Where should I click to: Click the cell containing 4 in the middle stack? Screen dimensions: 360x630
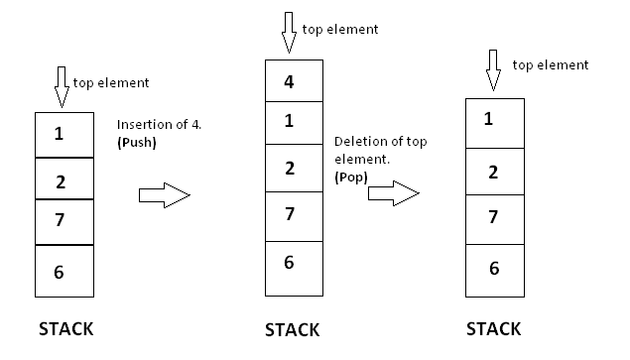tap(294, 81)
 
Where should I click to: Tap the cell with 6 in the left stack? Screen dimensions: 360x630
tap(63, 271)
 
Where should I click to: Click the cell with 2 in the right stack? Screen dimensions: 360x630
tap(493, 172)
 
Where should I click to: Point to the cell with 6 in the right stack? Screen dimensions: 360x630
tap(493, 268)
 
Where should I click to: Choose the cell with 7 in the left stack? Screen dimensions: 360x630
tap(63, 221)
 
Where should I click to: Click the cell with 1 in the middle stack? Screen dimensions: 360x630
tap(294, 123)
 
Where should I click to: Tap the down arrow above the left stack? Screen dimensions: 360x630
tap(61, 87)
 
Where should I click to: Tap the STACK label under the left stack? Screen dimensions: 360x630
tap(65, 328)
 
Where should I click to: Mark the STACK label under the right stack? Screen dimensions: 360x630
tap(494, 328)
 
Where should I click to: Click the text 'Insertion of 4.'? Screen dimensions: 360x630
tap(160, 125)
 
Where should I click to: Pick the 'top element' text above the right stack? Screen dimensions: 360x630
tap(551, 64)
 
